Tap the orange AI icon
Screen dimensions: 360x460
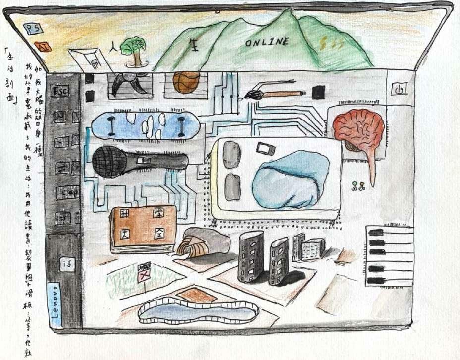click(x=43, y=47)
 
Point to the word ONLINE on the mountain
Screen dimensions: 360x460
click(x=267, y=43)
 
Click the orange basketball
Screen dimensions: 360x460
click(x=186, y=82)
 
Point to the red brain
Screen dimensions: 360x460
click(x=358, y=128)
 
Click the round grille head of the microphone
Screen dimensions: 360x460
click(x=110, y=162)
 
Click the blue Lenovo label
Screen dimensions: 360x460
click(x=56, y=304)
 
